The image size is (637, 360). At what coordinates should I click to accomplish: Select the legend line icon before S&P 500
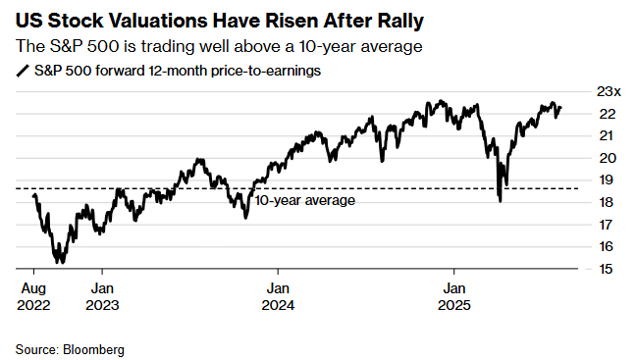[x=23, y=71]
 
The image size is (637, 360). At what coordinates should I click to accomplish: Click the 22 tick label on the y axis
[x=606, y=114]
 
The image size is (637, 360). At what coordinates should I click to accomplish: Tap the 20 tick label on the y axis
[x=606, y=158]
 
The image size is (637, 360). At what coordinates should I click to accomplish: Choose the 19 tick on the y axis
[x=606, y=180]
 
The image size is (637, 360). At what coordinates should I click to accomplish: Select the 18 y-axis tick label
[x=606, y=202]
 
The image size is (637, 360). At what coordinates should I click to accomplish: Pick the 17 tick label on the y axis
[x=606, y=225]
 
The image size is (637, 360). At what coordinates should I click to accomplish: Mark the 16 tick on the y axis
[x=606, y=246]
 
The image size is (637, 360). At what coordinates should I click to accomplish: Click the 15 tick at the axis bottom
[x=606, y=269]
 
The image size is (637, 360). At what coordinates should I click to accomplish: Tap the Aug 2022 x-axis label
[x=32, y=296]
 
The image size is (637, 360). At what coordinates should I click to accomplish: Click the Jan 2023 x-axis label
[x=105, y=296]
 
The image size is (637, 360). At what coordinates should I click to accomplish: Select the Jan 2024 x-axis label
[x=279, y=296]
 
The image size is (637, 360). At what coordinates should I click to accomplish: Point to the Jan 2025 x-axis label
[x=453, y=296]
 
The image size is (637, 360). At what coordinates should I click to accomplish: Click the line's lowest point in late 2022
[x=60, y=262]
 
